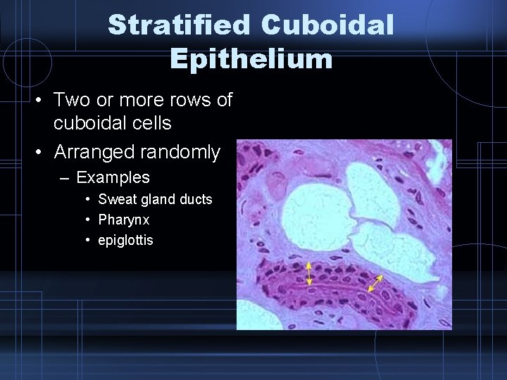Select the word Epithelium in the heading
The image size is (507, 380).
[251, 59]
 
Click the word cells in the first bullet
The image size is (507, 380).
[150, 123]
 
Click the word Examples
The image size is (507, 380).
[113, 176]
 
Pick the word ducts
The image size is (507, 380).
[194, 199]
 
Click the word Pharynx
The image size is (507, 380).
[124, 220]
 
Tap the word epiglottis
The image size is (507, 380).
[125, 240]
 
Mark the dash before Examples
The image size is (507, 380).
[65, 176]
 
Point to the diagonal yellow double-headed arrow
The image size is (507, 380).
[375, 284]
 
